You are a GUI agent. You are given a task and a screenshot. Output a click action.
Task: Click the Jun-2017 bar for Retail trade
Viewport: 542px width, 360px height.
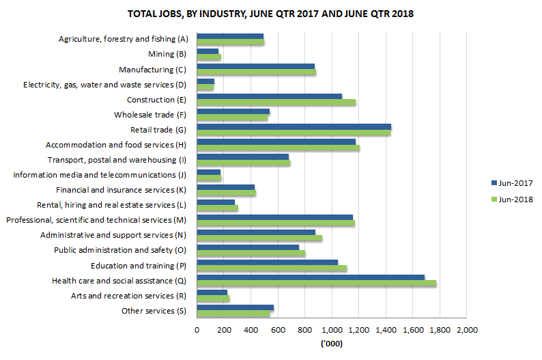point(294,126)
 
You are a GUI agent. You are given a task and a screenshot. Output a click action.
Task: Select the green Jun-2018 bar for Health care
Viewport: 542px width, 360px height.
point(316,283)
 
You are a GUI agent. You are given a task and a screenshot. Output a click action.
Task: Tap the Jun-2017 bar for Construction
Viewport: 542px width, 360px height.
point(269,96)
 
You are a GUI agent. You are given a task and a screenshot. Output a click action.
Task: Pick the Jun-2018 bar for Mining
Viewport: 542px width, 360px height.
point(209,57)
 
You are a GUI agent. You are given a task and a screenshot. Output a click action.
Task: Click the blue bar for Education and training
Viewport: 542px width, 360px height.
point(267,262)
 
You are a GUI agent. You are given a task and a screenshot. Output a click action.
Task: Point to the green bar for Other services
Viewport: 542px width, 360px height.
point(233,314)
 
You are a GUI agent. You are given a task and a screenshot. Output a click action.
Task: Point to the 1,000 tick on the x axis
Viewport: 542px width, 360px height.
point(332,331)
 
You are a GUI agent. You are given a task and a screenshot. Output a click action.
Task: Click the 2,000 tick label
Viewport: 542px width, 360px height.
point(466,331)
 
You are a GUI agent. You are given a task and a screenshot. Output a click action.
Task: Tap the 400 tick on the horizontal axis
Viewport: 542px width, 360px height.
point(251,331)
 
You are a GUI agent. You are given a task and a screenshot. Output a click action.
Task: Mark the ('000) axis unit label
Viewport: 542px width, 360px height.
point(331,344)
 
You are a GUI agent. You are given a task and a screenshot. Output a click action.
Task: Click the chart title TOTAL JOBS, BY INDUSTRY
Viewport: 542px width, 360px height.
point(271,13)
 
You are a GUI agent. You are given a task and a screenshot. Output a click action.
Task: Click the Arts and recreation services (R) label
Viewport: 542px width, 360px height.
point(129,296)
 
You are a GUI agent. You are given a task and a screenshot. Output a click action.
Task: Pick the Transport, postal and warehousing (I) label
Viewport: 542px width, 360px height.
point(117,160)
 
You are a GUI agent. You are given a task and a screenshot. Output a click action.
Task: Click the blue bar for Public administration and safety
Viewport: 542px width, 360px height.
point(248,247)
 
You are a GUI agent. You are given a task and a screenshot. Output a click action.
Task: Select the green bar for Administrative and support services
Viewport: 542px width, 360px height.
point(259,238)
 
